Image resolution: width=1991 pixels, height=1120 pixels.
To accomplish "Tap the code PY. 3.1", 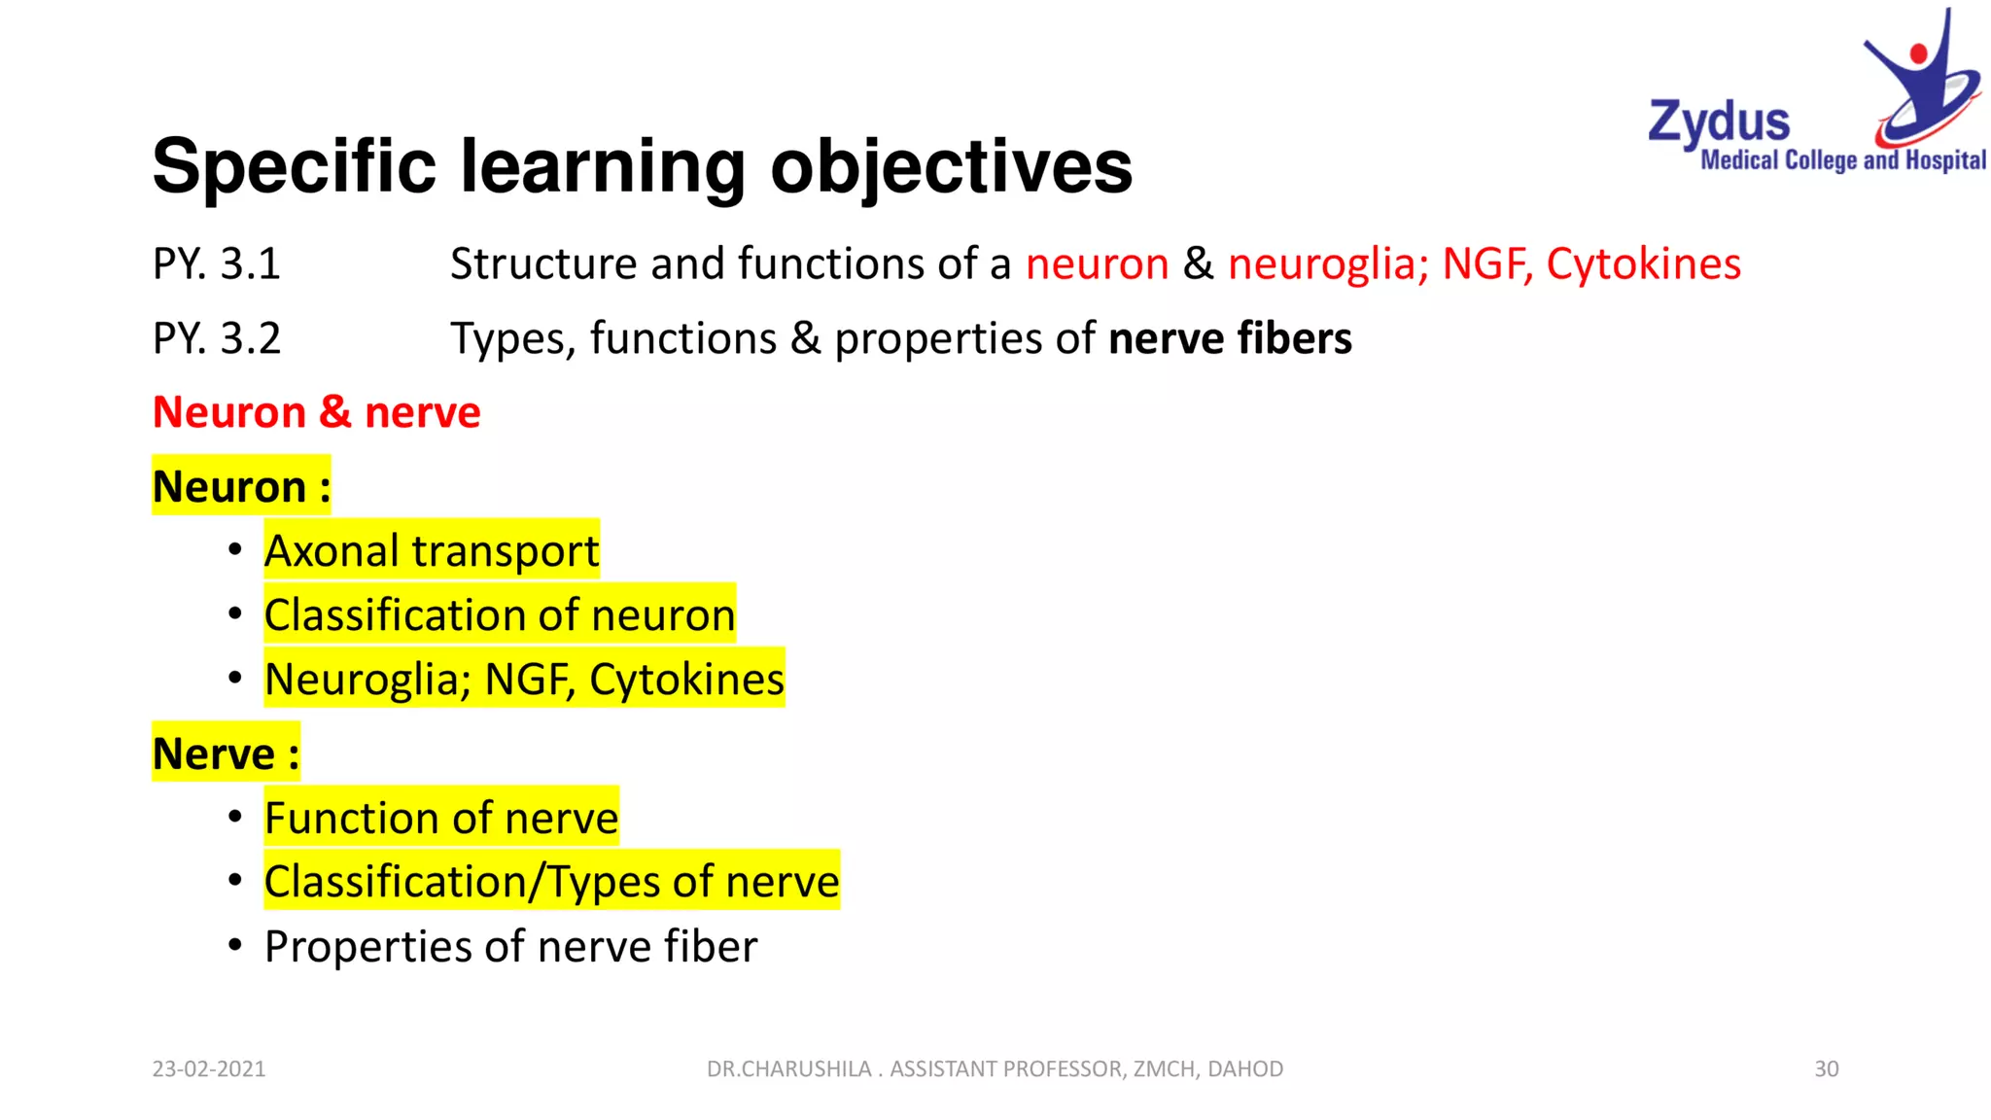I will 216,264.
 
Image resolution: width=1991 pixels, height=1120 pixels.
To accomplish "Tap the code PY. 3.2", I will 216,339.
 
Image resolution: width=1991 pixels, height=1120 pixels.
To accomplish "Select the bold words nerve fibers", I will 1230,339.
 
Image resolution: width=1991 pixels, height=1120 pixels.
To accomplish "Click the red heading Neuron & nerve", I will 316,413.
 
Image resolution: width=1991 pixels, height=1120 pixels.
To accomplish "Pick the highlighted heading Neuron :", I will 241,487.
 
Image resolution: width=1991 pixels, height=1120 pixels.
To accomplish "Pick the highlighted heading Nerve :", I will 226,754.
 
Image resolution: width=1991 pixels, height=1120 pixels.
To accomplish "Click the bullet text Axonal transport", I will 432,551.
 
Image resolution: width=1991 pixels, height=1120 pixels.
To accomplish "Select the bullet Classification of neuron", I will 500,615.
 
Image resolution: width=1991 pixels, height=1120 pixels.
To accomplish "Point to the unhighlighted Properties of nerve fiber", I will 510,947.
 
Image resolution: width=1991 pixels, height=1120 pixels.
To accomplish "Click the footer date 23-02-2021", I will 208,1069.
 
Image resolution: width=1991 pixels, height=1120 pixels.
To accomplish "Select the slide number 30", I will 1826,1069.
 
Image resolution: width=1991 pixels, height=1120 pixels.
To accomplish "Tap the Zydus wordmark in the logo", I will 1719,123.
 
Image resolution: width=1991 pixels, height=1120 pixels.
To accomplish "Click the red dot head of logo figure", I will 1918,52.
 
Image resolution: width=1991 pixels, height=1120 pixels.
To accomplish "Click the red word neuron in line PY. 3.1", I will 1097,264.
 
